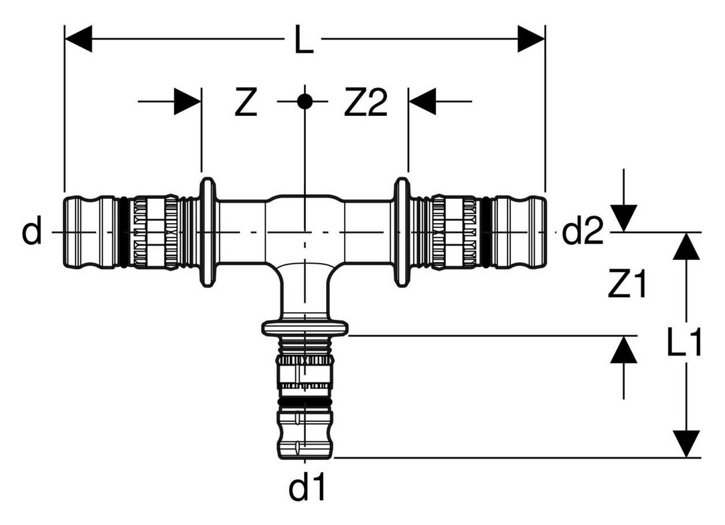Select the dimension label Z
246,103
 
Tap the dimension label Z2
366,103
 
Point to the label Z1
627,284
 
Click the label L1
684,342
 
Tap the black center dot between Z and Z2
304,101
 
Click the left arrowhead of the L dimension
78,39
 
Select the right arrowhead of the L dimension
532,39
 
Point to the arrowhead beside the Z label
187,101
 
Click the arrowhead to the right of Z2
422,101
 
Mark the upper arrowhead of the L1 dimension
687,245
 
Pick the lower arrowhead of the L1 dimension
687,443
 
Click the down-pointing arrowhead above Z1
624,218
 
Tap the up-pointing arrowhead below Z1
624,350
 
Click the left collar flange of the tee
208,231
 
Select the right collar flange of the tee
402,231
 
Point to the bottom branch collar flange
305,327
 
